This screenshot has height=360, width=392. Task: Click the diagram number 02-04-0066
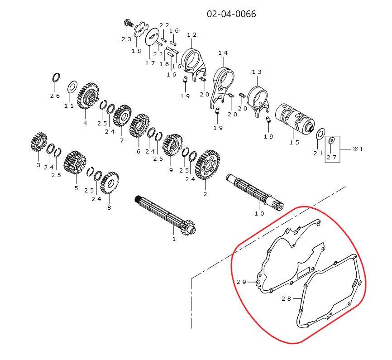click(x=231, y=14)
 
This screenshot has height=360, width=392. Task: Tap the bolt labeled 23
click(x=128, y=23)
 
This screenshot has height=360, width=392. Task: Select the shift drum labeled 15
click(x=295, y=117)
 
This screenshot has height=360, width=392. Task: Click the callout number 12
click(x=192, y=35)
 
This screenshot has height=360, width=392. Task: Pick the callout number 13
click(x=257, y=72)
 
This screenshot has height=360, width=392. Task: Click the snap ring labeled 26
click(x=56, y=77)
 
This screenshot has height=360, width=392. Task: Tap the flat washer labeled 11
click(x=72, y=87)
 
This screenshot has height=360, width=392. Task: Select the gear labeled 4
click(x=88, y=96)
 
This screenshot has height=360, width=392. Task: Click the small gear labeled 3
click(x=39, y=142)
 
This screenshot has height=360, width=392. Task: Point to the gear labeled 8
click(x=109, y=182)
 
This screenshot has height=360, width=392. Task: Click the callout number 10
click(x=259, y=213)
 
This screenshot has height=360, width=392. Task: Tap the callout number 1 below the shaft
click(x=174, y=239)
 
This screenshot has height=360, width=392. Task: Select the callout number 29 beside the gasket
click(x=241, y=282)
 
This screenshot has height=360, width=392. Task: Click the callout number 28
click(x=286, y=298)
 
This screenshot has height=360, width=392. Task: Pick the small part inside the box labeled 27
click(x=332, y=140)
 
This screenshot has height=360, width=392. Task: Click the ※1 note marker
click(x=358, y=149)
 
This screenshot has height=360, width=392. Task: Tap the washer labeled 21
click(x=321, y=134)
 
